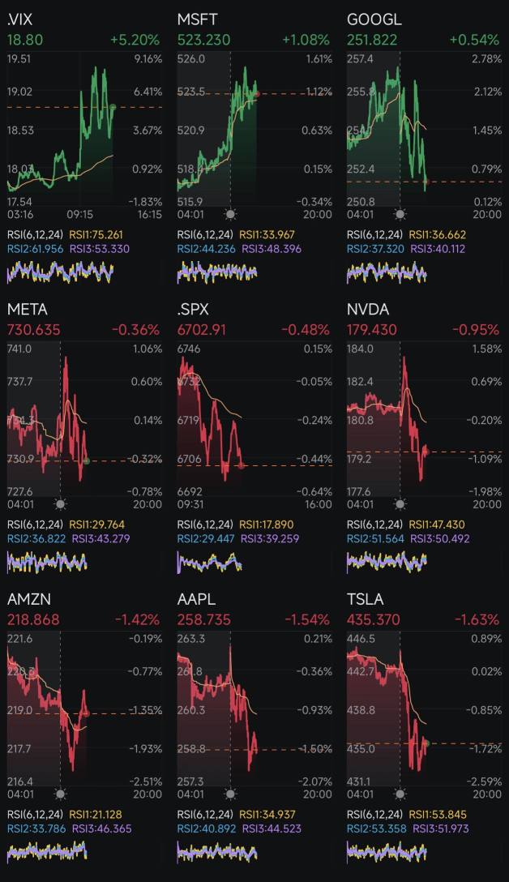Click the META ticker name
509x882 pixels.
pos(28,310)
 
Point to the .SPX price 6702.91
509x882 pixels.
pos(202,330)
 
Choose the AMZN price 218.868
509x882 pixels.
pos(33,619)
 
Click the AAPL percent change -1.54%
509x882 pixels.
pos(306,619)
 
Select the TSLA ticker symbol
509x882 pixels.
pos(365,599)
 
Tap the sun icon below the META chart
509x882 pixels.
pos(60,504)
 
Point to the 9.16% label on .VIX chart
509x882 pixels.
pos(148,59)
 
